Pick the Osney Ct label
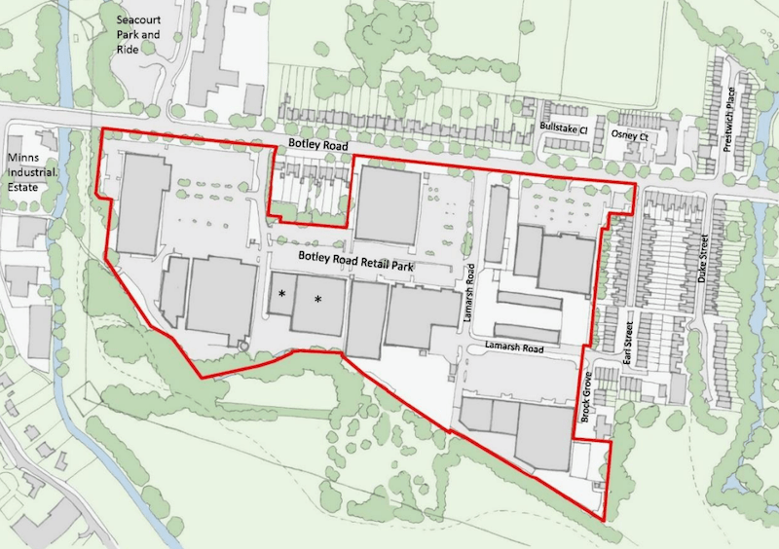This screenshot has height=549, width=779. pos(628,137)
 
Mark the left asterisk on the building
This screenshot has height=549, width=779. pos(282,293)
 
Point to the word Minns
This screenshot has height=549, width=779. pos(23,158)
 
